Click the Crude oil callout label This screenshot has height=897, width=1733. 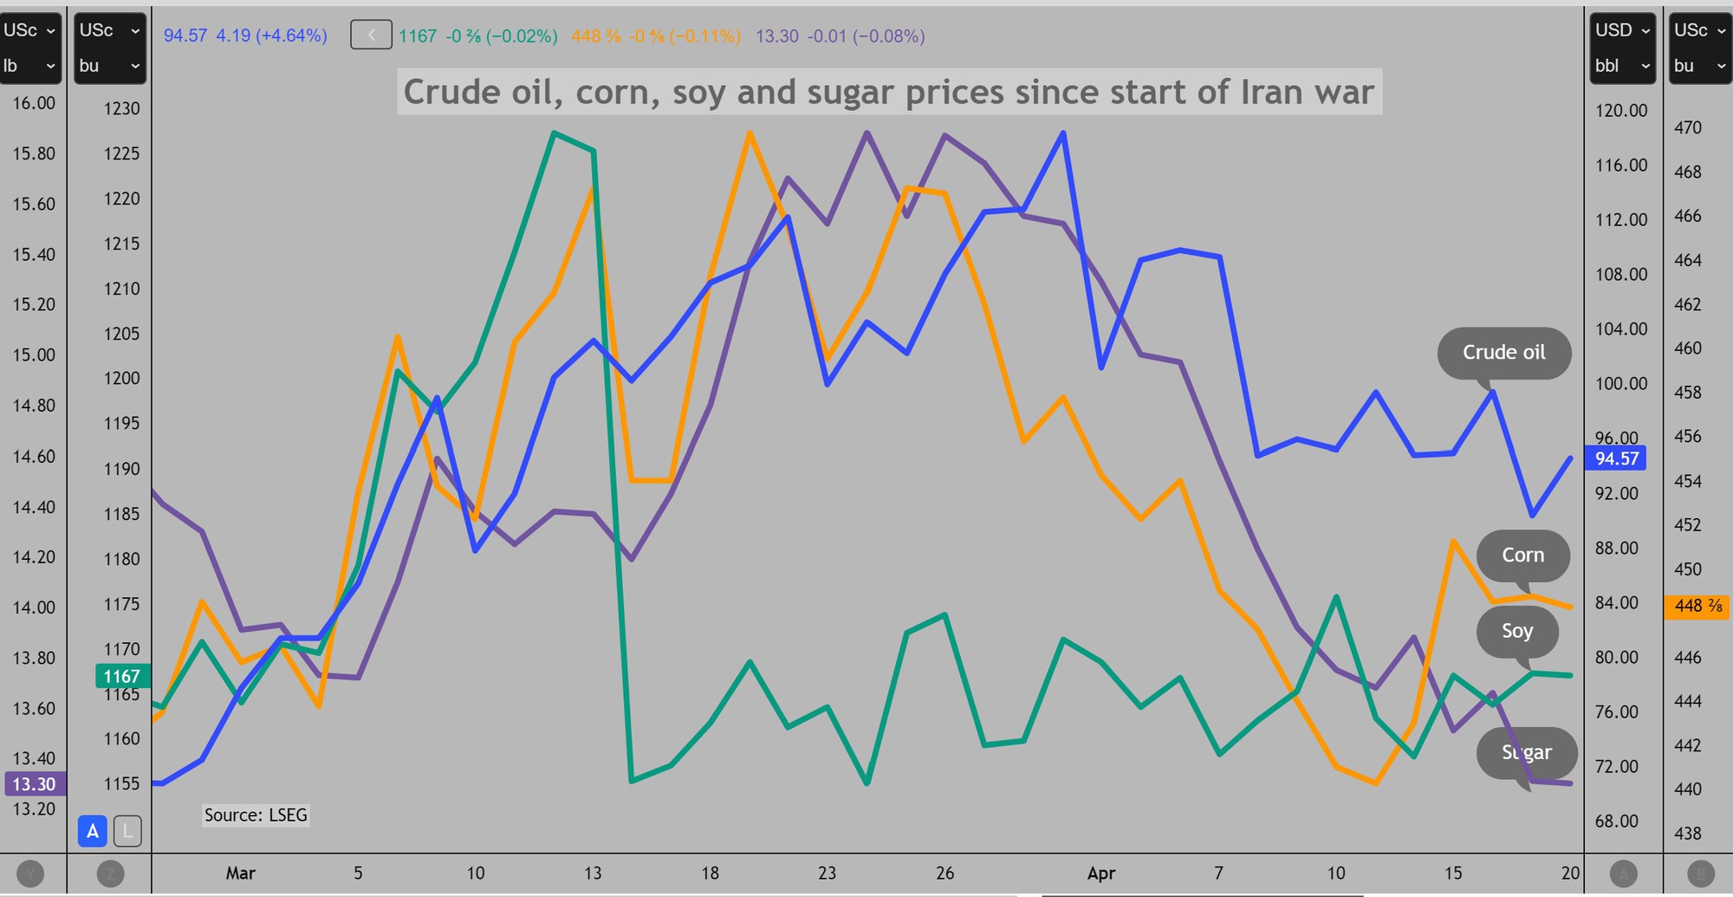(x=1503, y=353)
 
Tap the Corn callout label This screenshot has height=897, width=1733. (x=1522, y=556)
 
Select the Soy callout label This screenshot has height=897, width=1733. (x=1516, y=631)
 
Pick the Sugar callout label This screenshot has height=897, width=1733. (x=1526, y=752)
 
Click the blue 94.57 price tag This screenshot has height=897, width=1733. (x=1616, y=458)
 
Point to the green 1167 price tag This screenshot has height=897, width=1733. (x=121, y=676)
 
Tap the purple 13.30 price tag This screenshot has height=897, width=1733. (x=33, y=784)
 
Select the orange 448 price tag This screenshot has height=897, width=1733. (x=1697, y=606)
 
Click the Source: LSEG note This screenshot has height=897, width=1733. (x=256, y=815)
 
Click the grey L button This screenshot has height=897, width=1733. (x=127, y=831)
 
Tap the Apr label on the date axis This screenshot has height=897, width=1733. (x=1100, y=873)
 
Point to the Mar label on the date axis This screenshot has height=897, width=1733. (x=240, y=873)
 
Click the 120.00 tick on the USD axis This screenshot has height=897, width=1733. (x=1621, y=110)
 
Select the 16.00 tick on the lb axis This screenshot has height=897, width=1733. (x=33, y=103)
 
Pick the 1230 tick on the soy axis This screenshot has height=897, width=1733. (x=121, y=108)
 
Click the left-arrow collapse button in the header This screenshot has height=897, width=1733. (x=371, y=36)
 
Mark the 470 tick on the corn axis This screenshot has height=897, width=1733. (x=1687, y=127)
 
